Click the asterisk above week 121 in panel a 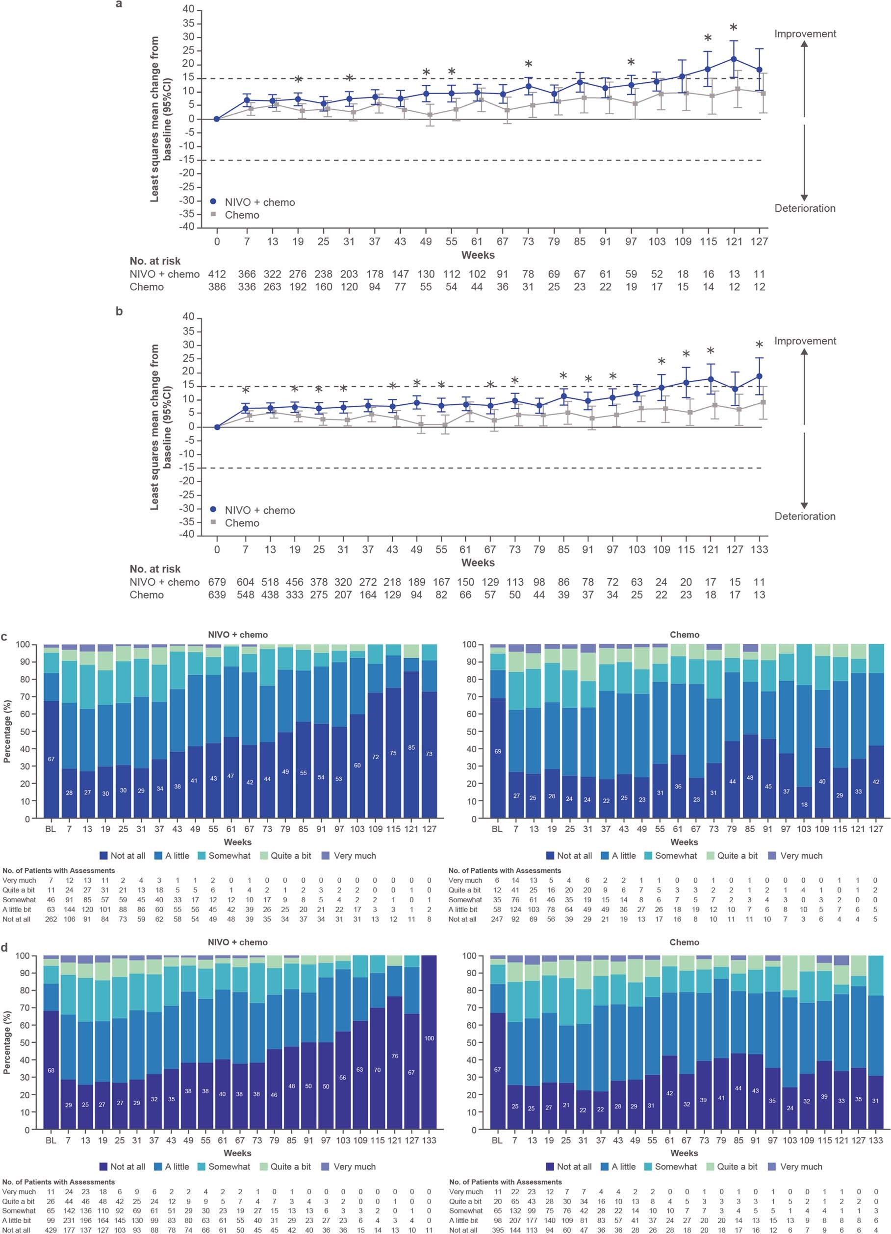733,28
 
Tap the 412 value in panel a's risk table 217,274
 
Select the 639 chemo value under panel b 217,594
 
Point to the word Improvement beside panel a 805,34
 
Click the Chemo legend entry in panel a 242,215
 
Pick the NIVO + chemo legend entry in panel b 259,510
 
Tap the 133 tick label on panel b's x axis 759,549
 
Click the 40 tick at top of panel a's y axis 188,9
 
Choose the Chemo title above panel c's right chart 684,635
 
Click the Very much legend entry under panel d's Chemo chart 801,1166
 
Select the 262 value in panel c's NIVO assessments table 51,919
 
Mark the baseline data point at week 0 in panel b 217,427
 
